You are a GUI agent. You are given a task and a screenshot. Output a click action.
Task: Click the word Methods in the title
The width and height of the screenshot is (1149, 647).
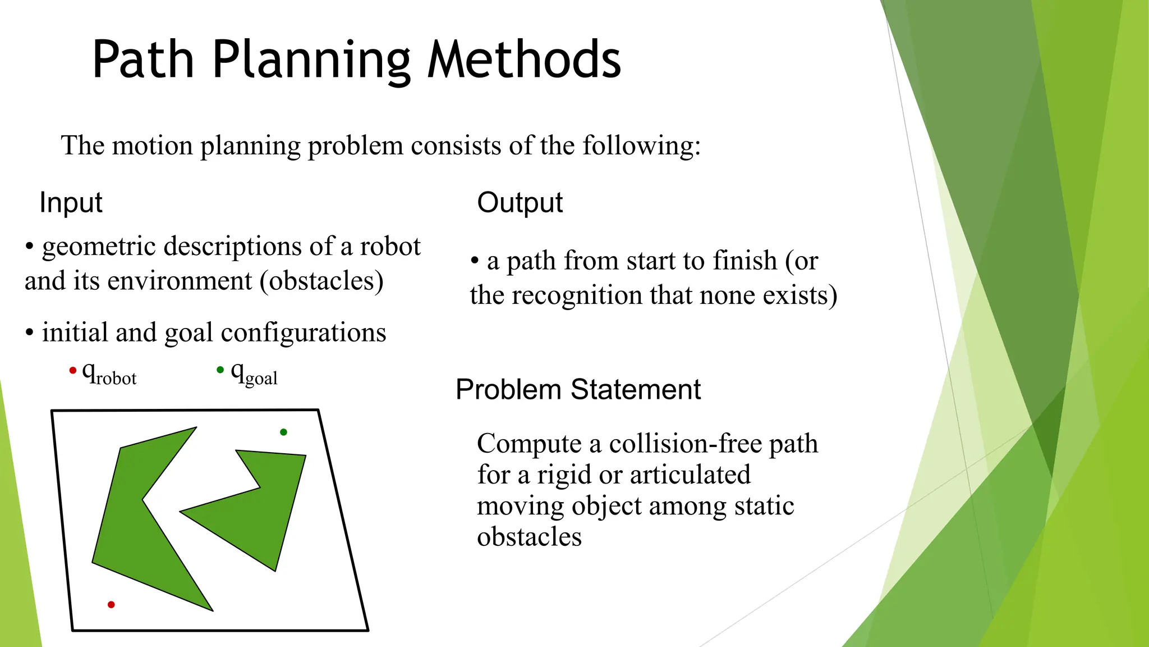point(523,60)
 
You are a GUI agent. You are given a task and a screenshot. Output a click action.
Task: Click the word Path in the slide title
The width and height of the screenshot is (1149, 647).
point(143,60)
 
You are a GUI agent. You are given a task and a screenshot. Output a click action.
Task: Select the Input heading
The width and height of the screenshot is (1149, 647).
point(71,203)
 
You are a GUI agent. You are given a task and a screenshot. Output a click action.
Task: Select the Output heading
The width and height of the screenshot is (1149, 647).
point(520,203)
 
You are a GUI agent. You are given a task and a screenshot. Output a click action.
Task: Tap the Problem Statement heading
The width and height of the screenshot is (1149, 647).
point(578,390)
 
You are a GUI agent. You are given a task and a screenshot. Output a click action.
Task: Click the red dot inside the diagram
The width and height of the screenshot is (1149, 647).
point(111,605)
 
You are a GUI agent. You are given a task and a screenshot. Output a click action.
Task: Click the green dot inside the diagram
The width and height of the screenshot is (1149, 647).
point(283,432)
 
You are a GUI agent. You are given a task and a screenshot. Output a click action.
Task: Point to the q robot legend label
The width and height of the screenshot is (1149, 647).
point(109,374)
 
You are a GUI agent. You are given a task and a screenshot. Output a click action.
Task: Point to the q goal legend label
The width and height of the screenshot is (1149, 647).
point(254,374)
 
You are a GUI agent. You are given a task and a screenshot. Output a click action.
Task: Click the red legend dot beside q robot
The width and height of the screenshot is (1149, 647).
point(73,370)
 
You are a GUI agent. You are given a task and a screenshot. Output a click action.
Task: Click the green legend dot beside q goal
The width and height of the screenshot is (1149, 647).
point(220,370)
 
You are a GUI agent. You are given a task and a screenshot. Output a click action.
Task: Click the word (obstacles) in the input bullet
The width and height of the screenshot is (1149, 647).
point(321,281)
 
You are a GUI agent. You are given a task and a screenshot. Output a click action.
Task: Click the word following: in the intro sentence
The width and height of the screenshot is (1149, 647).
point(642,146)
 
